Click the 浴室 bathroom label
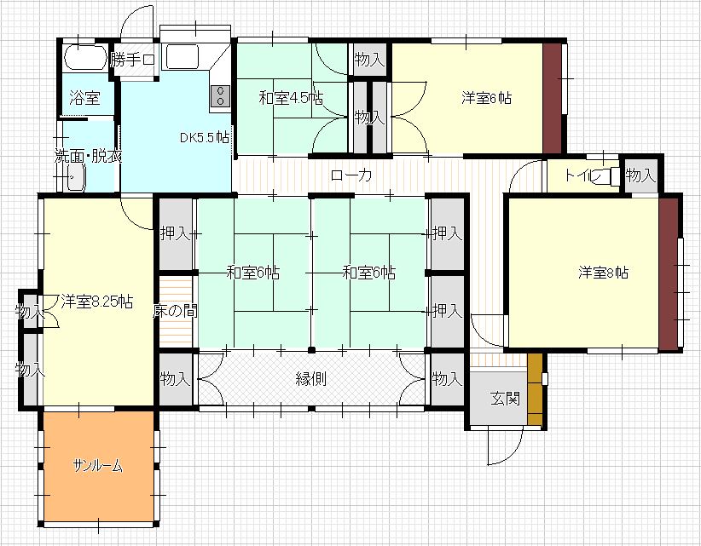coord(84,98)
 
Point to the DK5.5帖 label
coord(204,137)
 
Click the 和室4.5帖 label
coord(291,98)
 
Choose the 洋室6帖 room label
coord(486,98)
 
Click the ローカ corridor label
coord(350,176)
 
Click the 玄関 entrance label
coord(505,399)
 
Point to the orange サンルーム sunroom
coord(98,466)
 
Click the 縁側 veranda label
coord(311,379)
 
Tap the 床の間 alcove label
coord(176,311)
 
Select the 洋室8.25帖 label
coord(96,301)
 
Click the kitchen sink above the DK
coord(181,57)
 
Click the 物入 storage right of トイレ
coord(640,176)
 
